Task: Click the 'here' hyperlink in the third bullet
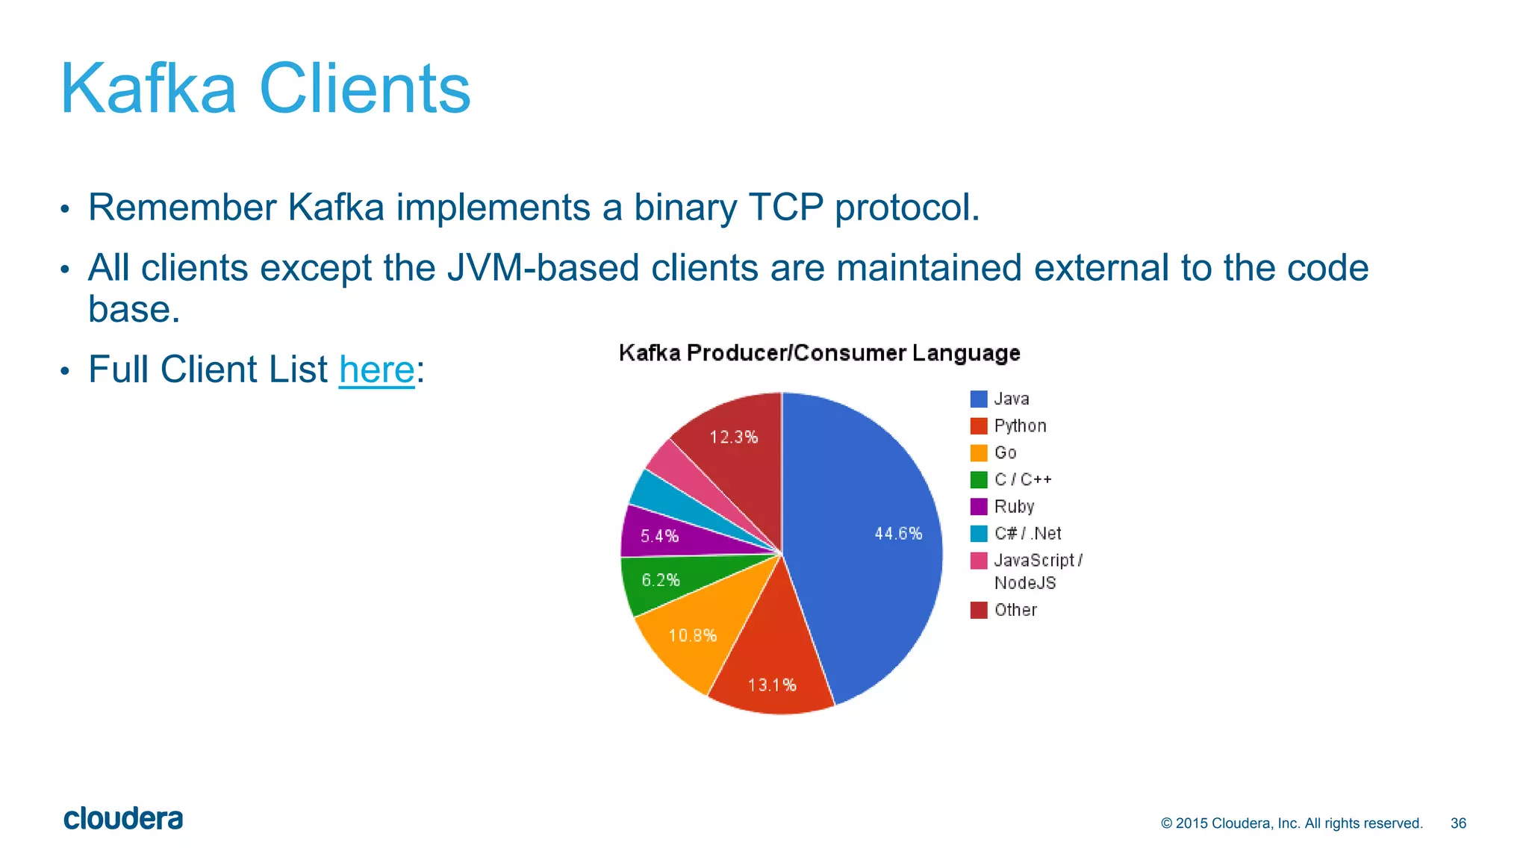point(376,370)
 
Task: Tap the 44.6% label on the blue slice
point(898,534)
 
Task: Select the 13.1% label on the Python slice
point(772,685)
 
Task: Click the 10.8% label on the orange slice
point(692,636)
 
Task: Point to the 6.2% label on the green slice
point(661,580)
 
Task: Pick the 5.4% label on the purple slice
point(659,536)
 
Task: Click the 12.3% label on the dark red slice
point(733,437)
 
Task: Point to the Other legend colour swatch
point(979,610)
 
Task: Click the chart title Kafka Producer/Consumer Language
point(819,353)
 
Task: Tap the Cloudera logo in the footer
point(123,819)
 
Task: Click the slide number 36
point(1458,823)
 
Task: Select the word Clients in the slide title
point(364,89)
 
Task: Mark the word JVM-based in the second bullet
point(543,268)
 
